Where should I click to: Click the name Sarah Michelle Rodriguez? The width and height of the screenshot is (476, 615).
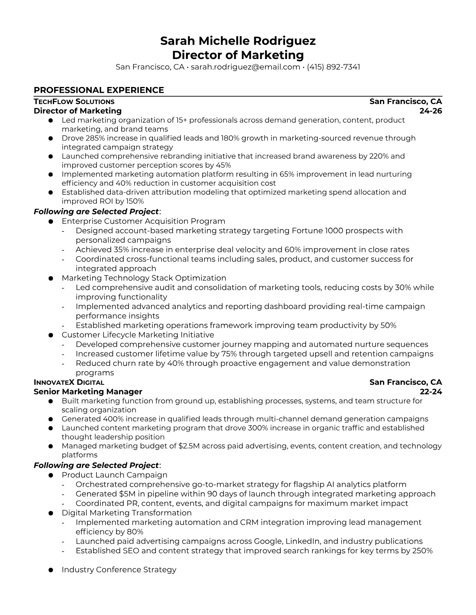pos(238,41)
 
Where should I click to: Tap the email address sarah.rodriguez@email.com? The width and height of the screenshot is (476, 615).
pos(245,67)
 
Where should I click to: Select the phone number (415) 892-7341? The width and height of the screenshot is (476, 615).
pos(333,67)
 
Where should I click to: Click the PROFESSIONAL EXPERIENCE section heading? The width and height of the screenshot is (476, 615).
pos(99,90)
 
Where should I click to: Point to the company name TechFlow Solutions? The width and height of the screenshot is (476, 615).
pos(74,101)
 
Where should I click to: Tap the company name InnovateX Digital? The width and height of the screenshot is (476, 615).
pos(69,382)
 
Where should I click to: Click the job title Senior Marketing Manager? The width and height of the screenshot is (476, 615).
pos(88,392)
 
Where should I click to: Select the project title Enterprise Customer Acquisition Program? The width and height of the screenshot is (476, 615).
pos(143,221)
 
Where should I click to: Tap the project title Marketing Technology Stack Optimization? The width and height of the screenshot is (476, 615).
pos(144,278)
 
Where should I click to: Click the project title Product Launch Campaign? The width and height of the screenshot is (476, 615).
pos(114,475)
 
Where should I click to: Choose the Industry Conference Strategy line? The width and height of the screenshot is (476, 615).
pos(119,570)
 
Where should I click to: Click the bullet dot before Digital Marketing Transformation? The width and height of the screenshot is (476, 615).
pos(51,513)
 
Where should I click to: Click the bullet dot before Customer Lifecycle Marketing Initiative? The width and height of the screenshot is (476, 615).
pos(51,335)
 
